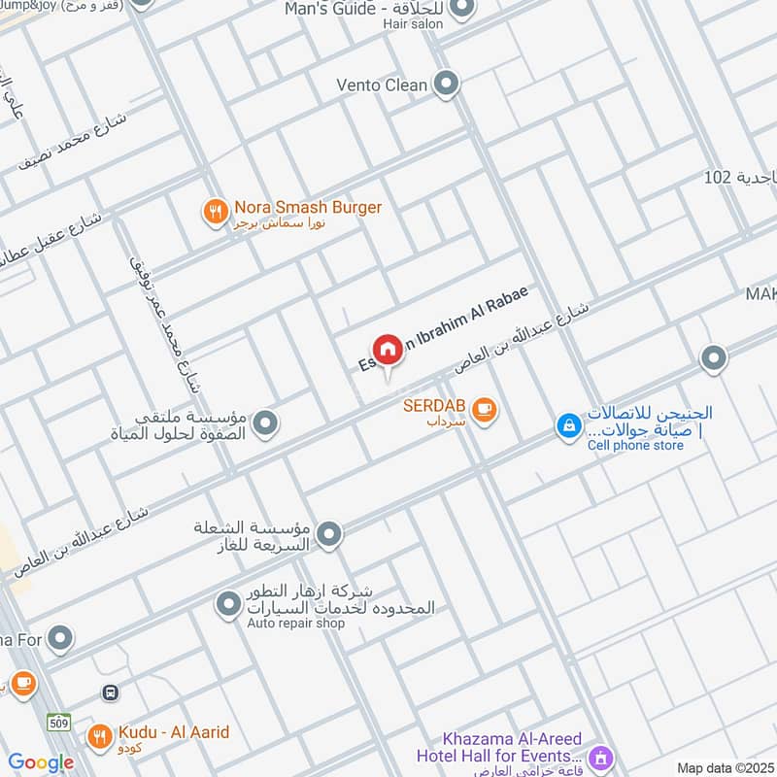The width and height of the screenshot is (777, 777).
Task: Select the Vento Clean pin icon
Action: (x=446, y=84)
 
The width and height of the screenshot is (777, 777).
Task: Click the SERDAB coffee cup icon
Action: (x=484, y=412)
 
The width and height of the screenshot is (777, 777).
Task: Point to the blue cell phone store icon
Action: (x=568, y=424)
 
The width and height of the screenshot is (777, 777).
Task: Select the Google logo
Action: (x=41, y=762)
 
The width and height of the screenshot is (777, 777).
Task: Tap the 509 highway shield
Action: (x=58, y=722)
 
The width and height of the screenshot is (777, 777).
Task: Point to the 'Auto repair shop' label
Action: (x=296, y=624)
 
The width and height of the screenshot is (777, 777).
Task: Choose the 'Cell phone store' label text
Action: (x=635, y=445)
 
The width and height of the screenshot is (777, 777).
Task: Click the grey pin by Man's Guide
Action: (x=463, y=9)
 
